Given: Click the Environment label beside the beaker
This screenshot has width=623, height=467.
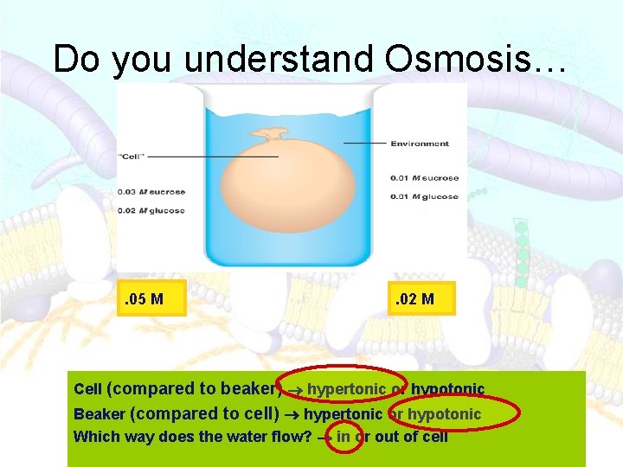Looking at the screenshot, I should click(x=420, y=144).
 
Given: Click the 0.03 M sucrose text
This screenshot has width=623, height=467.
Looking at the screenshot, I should click(x=151, y=192).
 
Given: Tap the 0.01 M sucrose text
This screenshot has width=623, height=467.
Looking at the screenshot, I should click(x=424, y=178).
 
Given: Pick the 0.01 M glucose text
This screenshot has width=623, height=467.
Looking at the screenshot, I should click(x=424, y=196).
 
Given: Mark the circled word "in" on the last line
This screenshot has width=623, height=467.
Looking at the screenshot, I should click(x=344, y=437).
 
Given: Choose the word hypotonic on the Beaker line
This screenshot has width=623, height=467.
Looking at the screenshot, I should click(x=444, y=414).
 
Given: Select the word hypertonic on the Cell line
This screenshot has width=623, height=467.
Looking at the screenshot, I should click(x=346, y=390).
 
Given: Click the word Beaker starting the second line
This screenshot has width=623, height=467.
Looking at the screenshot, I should click(x=100, y=415).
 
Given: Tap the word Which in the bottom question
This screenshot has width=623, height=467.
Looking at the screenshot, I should click(x=96, y=437).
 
